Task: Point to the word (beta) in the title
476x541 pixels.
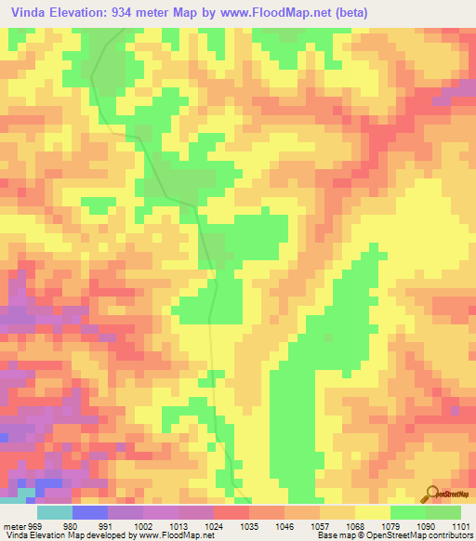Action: [350, 12]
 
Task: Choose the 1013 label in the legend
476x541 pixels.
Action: [178, 525]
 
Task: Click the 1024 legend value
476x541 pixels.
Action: [213, 525]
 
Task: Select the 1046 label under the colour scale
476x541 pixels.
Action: [284, 525]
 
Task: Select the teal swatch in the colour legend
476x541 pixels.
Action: [55, 512]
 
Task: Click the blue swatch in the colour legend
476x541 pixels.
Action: [90, 512]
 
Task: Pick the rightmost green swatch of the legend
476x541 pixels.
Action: [443, 512]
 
